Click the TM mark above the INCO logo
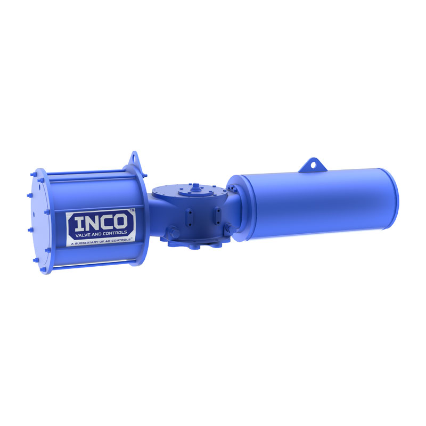click(132, 210)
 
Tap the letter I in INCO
click(78, 224)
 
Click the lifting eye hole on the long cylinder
click(314, 165)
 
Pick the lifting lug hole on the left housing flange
click(134, 158)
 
